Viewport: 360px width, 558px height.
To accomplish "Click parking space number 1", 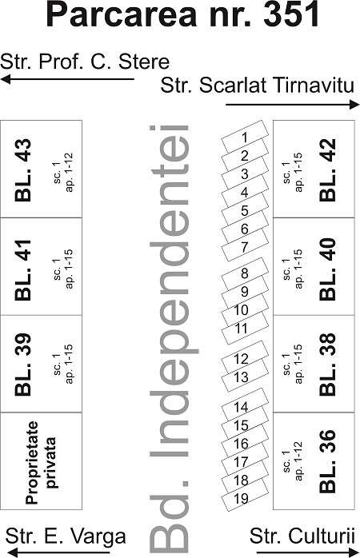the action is click(245, 137).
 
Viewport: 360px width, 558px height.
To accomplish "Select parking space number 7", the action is click(245, 246).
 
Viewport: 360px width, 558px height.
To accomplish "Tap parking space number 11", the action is click(245, 328).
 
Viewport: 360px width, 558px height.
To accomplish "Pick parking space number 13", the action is click(245, 377).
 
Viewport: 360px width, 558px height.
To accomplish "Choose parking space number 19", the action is click(245, 498).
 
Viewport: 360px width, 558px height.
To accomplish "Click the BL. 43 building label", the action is click(22, 170).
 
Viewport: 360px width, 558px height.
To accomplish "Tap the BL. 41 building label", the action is click(22, 270).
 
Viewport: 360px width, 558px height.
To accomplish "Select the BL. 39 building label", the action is click(22, 365).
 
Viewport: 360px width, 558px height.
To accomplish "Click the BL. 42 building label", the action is click(327, 170).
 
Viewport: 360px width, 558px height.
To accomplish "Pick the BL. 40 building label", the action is click(327, 269).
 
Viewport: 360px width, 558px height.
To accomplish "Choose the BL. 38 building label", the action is click(327, 365).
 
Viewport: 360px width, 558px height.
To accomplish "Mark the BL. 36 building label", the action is click(327, 461).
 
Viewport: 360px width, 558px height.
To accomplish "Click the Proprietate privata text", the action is click(42, 463).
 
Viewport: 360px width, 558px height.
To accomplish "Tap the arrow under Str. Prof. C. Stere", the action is click(68, 79).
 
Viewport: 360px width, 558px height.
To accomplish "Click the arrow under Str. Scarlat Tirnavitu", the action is click(293, 105).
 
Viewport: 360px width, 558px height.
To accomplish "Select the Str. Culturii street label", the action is click(302, 536).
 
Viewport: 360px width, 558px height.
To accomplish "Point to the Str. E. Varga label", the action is click(66, 536).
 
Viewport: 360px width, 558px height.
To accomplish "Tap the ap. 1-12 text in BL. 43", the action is click(69, 172).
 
